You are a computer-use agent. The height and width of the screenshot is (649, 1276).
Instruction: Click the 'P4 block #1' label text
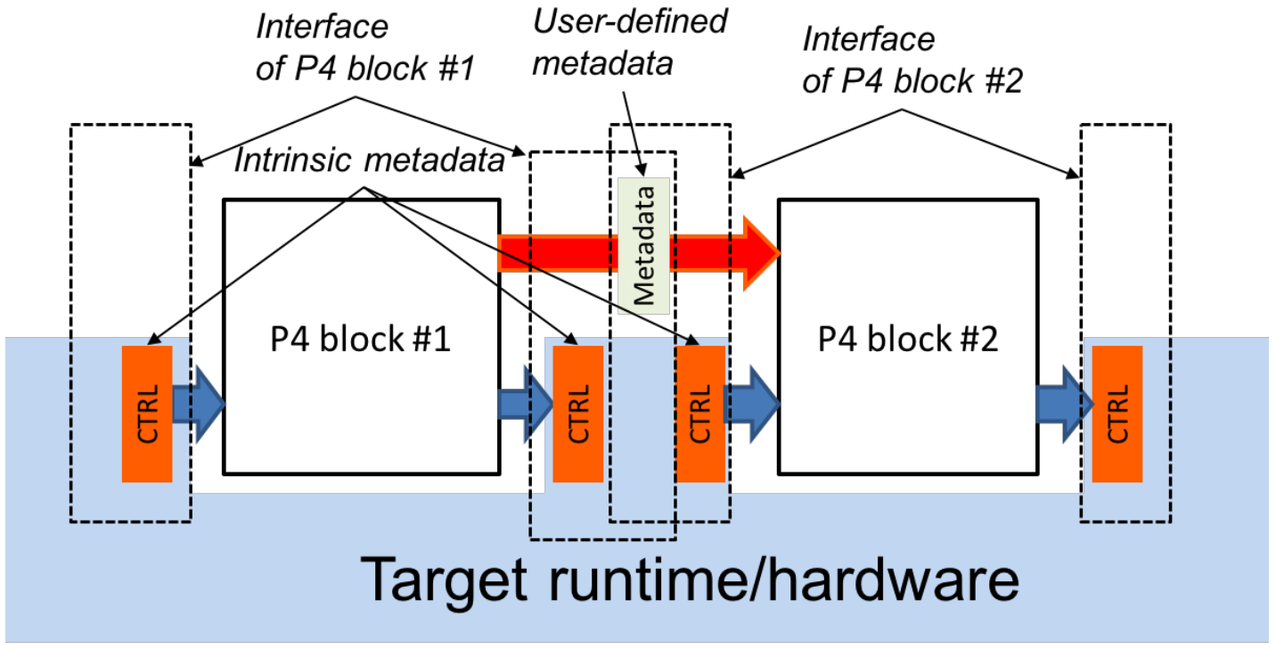[x=360, y=339]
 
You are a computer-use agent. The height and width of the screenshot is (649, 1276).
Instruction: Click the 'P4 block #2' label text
[x=908, y=339]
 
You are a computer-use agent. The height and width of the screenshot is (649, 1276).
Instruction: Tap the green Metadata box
[x=643, y=245]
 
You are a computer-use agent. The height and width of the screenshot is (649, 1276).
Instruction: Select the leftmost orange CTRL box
[x=147, y=415]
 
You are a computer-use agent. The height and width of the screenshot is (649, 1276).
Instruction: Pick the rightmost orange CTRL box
[x=1117, y=415]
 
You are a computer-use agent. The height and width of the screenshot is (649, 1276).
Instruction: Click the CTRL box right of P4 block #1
[x=577, y=415]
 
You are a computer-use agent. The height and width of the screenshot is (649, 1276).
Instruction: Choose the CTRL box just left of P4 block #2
[x=700, y=415]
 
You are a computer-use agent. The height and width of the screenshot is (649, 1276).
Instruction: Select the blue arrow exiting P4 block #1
[x=525, y=405]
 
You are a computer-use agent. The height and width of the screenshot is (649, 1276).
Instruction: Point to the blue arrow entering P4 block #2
[x=752, y=405]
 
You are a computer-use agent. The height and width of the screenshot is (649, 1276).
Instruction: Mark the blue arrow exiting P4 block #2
[x=1065, y=405]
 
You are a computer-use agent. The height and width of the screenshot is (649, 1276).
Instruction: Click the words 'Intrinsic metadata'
[x=369, y=160]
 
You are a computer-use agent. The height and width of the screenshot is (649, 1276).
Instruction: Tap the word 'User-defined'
[x=630, y=21]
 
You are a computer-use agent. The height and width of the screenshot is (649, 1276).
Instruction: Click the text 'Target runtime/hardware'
[x=690, y=580]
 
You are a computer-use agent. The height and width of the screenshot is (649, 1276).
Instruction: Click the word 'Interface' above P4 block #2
[x=869, y=39]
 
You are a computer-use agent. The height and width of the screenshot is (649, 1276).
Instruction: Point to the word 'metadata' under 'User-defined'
[x=602, y=63]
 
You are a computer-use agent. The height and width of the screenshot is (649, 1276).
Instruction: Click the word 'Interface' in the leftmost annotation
[x=322, y=27]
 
